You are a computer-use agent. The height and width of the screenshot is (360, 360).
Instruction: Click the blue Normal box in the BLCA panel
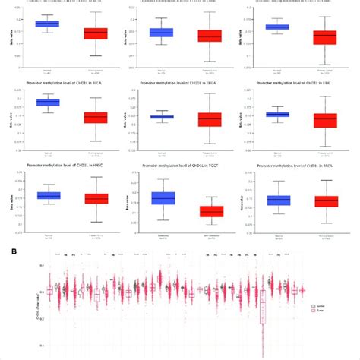pyautogui.click(x=48, y=103)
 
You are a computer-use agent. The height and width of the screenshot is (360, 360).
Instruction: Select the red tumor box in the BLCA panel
pyautogui.click(x=96, y=118)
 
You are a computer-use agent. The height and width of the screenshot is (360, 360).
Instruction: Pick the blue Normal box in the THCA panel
pyautogui.click(x=162, y=116)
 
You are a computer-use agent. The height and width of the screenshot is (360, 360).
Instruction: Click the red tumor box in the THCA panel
pyautogui.click(x=209, y=119)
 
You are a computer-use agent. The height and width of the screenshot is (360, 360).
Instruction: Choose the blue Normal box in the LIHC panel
pyautogui.click(x=277, y=115)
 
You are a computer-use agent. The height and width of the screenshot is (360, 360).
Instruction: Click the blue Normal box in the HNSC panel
pyautogui.click(x=48, y=196)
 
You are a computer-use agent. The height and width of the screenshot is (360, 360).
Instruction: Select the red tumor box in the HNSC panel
pyautogui.click(x=96, y=198)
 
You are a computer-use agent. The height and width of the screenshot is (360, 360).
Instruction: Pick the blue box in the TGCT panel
pyautogui.click(x=163, y=197)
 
